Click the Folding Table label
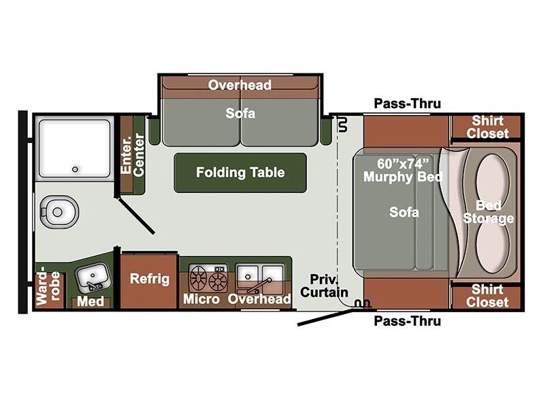click(x=240, y=173)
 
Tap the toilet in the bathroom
click(x=59, y=212)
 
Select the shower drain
click(x=75, y=169)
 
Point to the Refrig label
click(x=150, y=279)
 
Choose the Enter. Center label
click(x=133, y=155)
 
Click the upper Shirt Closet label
click(x=487, y=127)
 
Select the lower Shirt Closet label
click(x=487, y=295)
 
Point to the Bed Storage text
click(x=489, y=212)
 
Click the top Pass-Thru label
click(x=408, y=103)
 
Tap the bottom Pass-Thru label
click(x=408, y=321)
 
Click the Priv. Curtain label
click(x=324, y=286)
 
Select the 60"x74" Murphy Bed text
click(x=403, y=170)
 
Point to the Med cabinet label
click(x=91, y=301)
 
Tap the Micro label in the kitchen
click(x=201, y=299)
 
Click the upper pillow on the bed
click(x=492, y=179)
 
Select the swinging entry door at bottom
click(x=325, y=317)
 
